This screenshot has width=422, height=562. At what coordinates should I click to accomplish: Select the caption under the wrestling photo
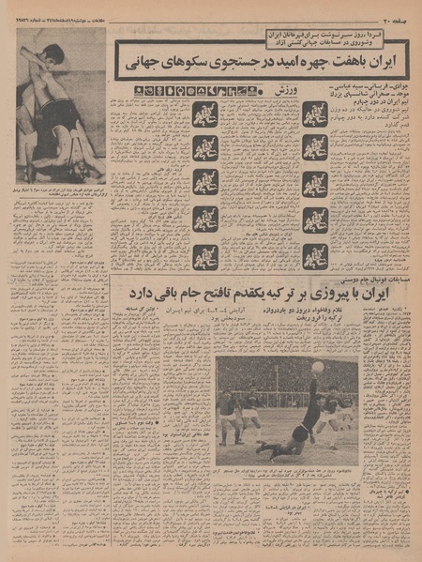(x=60, y=193)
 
